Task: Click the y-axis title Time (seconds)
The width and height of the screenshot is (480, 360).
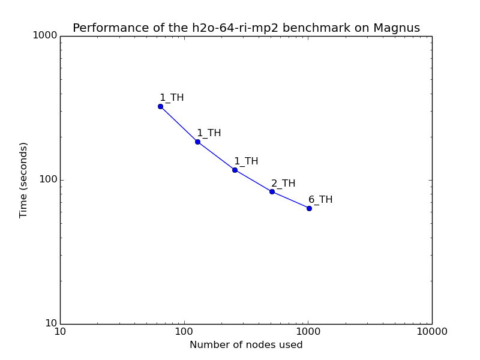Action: [x=23, y=179]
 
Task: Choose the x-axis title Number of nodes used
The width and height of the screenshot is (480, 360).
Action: [x=246, y=345]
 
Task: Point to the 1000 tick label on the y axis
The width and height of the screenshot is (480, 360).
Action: [x=46, y=35]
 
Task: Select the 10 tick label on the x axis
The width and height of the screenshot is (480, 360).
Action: [x=60, y=332]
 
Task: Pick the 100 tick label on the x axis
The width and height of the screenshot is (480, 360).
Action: [x=184, y=332]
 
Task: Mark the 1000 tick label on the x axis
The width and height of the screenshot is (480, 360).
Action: [x=308, y=332]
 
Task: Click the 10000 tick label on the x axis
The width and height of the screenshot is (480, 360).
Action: [x=431, y=332]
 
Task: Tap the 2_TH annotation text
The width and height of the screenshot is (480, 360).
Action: [x=283, y=184]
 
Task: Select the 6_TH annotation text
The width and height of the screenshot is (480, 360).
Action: [x=320, y=200]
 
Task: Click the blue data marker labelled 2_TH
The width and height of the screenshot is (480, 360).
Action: [x=272, y=191]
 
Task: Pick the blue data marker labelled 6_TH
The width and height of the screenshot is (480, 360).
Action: [x=309, y=208]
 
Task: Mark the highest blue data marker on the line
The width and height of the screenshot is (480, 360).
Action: [x=160, y=106]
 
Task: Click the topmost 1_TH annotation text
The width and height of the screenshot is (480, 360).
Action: [x=172, y=98]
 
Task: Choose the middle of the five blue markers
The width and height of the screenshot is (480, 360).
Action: [x=235, y=170]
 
